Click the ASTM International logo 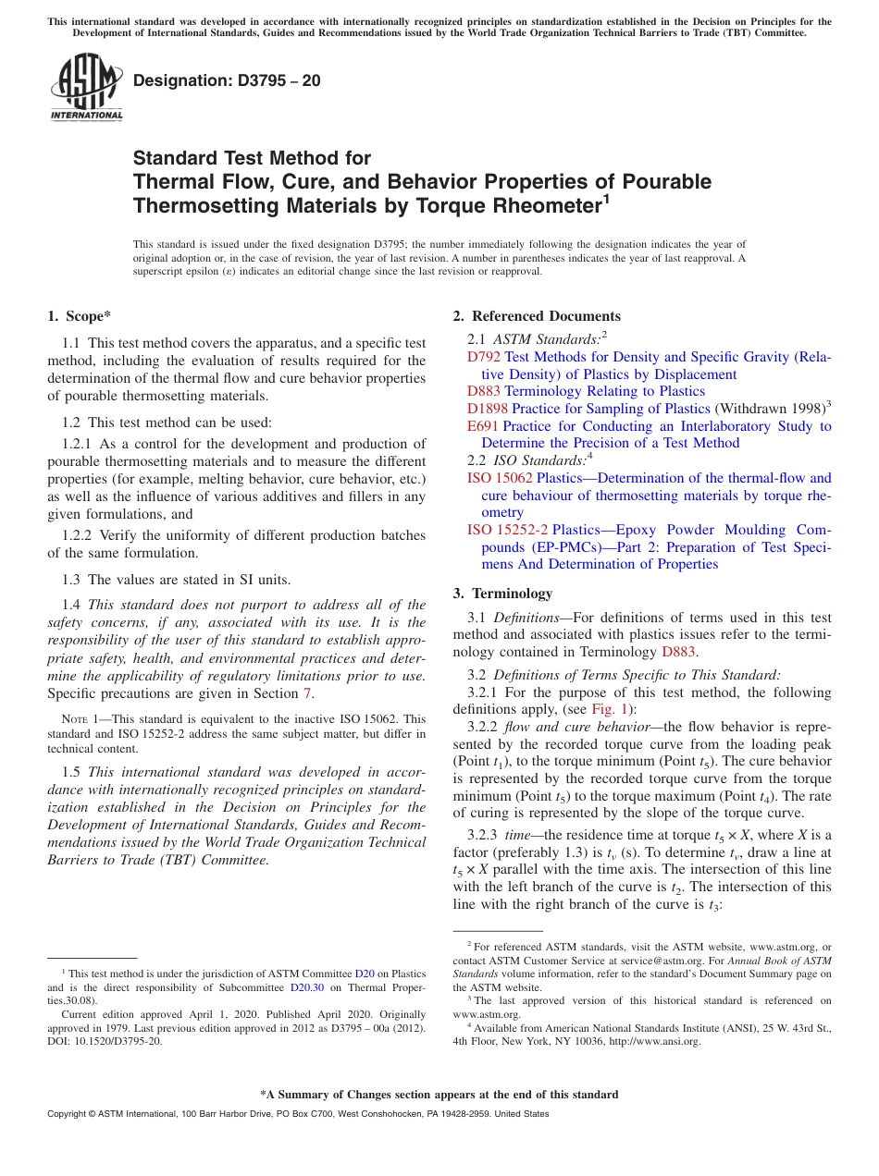pos(86,88)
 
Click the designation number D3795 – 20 pos(227,80)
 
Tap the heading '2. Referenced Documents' pos(537,316)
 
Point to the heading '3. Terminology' pos(502,594)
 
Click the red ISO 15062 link pos(500,478)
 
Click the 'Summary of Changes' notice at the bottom pos(439,1095)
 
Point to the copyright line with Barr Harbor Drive pos(297,1114)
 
